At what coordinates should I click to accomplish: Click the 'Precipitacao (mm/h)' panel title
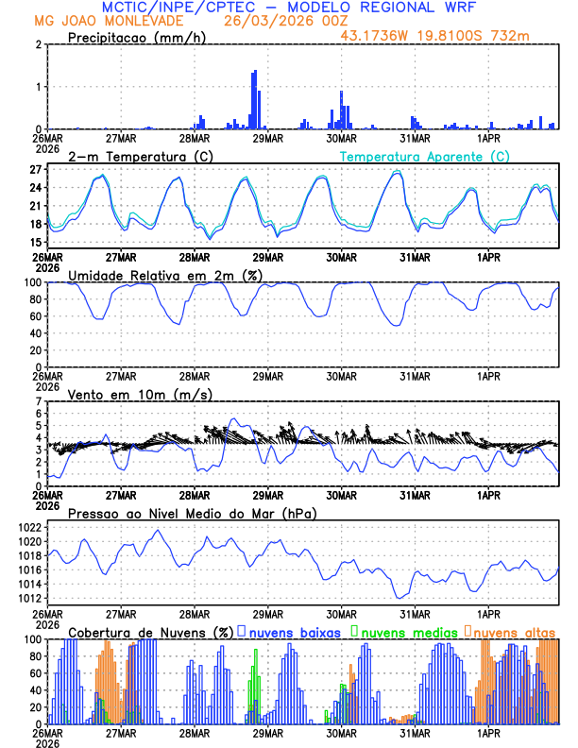pos(136,38)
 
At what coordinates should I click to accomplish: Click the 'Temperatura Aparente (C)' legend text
pos(425,156)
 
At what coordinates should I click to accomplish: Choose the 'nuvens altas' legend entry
pos(513,631)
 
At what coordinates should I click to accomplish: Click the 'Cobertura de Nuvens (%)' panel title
pos(150,631)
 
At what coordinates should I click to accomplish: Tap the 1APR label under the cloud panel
pos(489,733)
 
